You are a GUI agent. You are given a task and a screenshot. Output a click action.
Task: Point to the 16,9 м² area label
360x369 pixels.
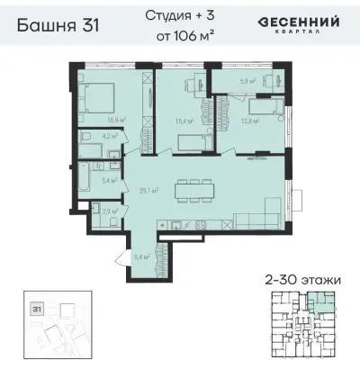tap(115, 120)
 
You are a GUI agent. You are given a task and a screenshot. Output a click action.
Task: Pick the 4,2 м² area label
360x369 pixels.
tap(106, 138)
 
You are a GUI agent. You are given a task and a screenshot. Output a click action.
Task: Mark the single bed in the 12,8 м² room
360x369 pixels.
tap(261, 107)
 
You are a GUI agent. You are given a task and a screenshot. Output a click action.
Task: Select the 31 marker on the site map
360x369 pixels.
tap(37, 308)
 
